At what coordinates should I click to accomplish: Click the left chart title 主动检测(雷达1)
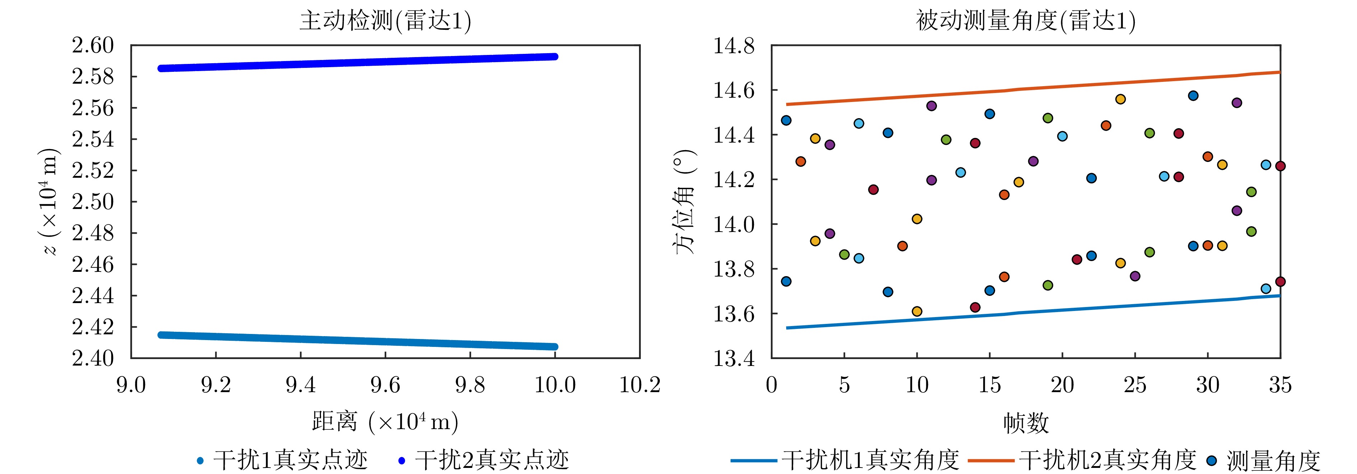(385, 21)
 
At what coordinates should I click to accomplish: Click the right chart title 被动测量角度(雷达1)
(1025, 21)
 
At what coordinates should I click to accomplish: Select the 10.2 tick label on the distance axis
(639, 385)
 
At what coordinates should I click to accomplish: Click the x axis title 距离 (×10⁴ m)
(385, 422)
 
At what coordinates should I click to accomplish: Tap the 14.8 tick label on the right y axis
(733, 46)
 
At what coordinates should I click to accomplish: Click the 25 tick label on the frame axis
(1135, 385)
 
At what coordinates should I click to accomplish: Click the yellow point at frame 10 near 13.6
(917, 311)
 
